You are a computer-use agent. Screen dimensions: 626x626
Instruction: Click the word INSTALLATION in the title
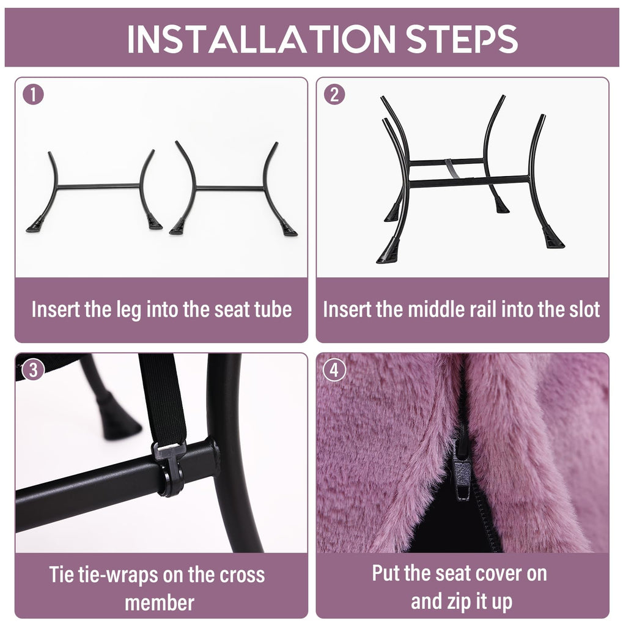261,39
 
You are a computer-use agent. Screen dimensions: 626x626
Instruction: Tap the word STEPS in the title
462,39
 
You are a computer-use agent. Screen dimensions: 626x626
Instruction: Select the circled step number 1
33,95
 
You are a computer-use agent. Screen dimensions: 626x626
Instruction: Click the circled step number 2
334,95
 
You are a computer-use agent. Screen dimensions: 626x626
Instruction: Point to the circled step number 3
33,370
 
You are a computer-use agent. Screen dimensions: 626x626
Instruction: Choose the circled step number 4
334,370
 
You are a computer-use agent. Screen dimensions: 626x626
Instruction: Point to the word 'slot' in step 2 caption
585,309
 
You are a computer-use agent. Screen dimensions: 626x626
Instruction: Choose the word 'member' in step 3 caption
160,603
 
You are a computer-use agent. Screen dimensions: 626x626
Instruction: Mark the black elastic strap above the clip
161,399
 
